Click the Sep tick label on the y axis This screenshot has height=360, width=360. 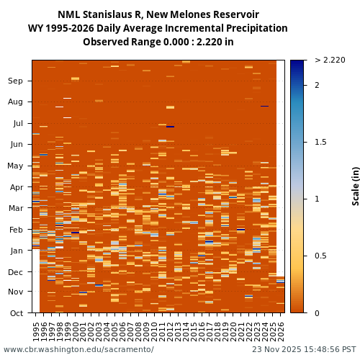click(15, 81)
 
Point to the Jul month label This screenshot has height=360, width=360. click(17, 123)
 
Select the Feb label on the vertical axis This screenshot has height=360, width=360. click(15, 230)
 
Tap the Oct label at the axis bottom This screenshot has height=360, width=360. click(15, 313)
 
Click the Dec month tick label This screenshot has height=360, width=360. click(15, 272)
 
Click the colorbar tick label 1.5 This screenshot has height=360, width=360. click(321, 142)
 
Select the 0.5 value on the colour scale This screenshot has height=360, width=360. click(321, 256)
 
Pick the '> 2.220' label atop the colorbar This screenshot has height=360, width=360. click(330, 60)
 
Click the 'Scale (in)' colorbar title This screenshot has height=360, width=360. click(355, 186)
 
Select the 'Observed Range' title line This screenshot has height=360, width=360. click(158, 42)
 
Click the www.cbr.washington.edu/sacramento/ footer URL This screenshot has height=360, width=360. click(78, 349)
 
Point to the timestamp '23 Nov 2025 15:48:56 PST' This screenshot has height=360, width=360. click(304, 349)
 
